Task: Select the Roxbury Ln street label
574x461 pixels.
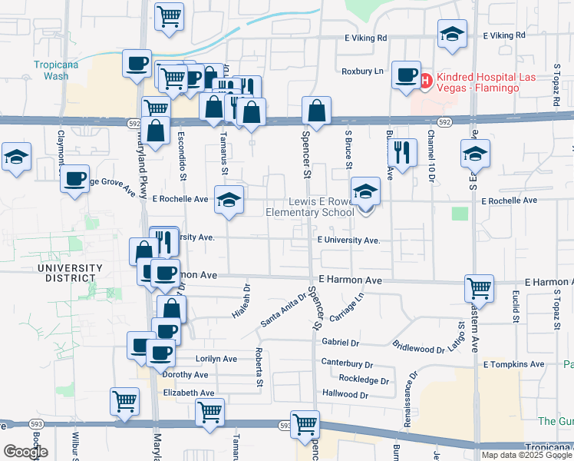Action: point(362,71)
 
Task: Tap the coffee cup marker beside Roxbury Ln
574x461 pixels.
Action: point(406,75)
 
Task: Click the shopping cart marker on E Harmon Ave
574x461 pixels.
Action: point(479,288)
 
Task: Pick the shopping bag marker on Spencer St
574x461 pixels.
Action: point(316,111)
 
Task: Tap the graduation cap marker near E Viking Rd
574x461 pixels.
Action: point(453,34)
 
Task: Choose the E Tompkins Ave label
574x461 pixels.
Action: point(513,364)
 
